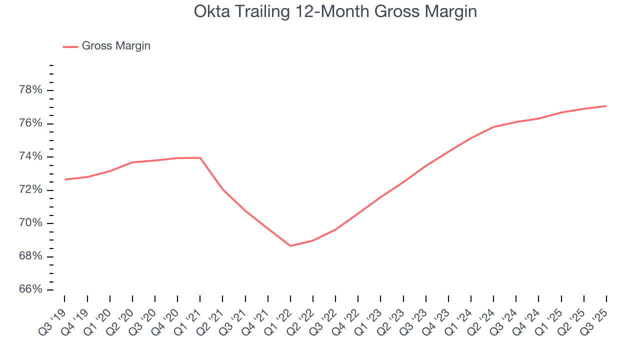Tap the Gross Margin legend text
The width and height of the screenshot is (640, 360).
[x=116, y=46]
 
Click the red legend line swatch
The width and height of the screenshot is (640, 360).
[x=70, y=46]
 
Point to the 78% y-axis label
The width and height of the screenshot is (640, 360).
[x=30, y=90]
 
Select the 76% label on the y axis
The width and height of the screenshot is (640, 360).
[x=30, y=123]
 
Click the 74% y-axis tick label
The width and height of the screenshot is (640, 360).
[x=30, y=157]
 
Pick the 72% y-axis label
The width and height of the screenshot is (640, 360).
[x=30, y=190]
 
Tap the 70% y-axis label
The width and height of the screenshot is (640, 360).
[x=30, y=223]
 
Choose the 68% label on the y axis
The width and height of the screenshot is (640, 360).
[x=30, y=256]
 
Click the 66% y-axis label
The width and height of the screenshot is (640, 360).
[x=30, y=290]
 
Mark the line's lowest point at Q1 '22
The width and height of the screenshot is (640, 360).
[x=290, y=246]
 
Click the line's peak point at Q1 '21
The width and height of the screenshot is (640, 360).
[x=200, y=158]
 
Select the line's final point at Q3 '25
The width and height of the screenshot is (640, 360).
[x=606, y=106]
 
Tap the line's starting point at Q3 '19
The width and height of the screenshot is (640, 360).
[x=65, y=179]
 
